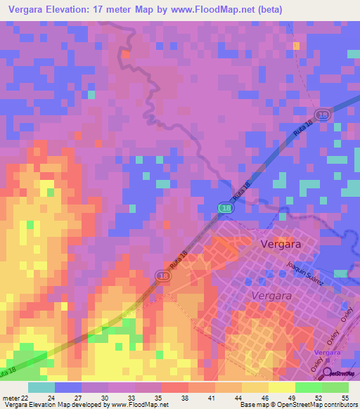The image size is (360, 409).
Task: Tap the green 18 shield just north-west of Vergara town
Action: (224, 209)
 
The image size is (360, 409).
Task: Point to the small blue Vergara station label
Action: (327, 351)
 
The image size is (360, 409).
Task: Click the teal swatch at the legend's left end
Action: (41, 387)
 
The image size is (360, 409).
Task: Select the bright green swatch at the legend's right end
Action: (335, 387)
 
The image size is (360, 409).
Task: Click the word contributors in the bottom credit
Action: (337, 405)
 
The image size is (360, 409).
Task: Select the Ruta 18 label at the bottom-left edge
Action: (8, 370)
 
